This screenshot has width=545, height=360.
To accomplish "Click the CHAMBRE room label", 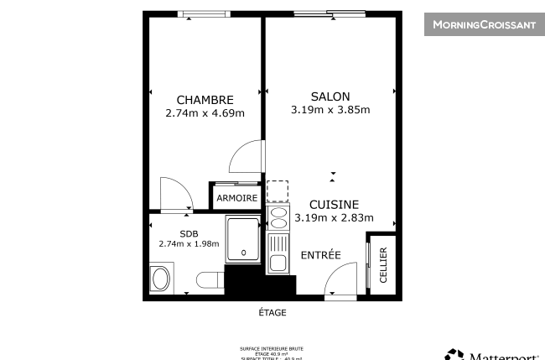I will tap(205, 100).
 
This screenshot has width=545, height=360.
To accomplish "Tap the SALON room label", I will tap(330, 97).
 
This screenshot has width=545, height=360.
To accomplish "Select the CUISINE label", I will tap(334, 205).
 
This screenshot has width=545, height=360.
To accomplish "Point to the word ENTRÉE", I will tap(320, 255).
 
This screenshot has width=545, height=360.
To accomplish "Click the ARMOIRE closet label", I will tap(236, 198).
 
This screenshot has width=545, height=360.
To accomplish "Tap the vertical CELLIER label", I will tap(383, 265).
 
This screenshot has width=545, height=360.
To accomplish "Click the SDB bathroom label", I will tap(189, 234).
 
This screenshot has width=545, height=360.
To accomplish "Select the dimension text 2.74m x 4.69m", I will tap(205, 113).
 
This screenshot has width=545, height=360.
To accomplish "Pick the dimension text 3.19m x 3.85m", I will tap(330, 110).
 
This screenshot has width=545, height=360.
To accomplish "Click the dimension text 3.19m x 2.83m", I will tap(334, 218).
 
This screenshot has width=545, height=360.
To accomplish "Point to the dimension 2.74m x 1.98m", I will tap(189, 244).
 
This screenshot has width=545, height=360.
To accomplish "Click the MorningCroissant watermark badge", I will tap(484, 25).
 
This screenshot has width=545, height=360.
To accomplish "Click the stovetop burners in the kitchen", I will tap(278, 219).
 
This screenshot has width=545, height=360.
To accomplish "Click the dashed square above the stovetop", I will tap(278, 191).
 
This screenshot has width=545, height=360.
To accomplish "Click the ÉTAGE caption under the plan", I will tap(272, 312).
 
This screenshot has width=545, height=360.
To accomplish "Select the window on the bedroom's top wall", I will tap(205, 13).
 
